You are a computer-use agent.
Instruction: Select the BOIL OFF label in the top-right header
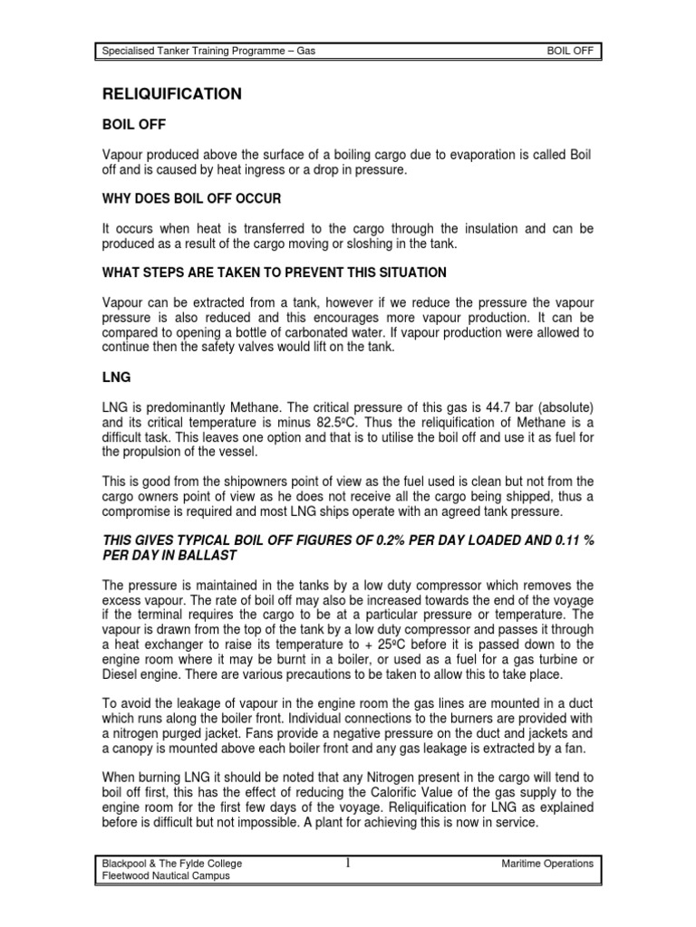point(571,51)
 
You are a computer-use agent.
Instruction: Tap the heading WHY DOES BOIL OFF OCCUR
point(184,196)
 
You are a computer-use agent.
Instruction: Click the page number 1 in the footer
point(348,863)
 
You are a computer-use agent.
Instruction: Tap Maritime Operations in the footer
point(547,864)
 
